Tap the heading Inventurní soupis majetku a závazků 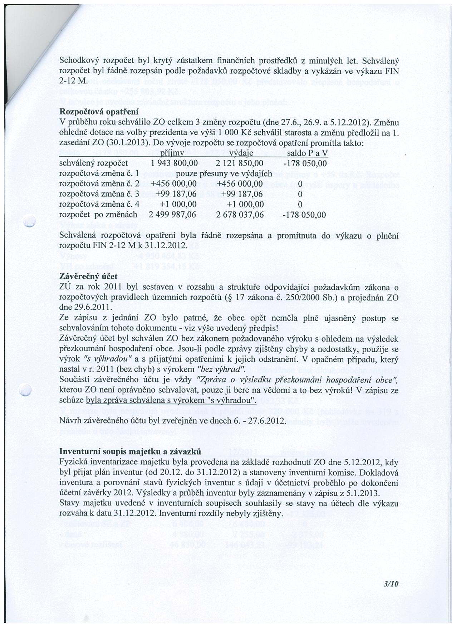click(x=130, y=451)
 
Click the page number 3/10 click(x=390, y=583)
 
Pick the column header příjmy click(x=171, y=153)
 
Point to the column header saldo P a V click(x=307, y=153)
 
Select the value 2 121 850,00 click(x=240, y=163)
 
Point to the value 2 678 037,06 click(x=240, y=215)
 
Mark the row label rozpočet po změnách click(x=98, y=215)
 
